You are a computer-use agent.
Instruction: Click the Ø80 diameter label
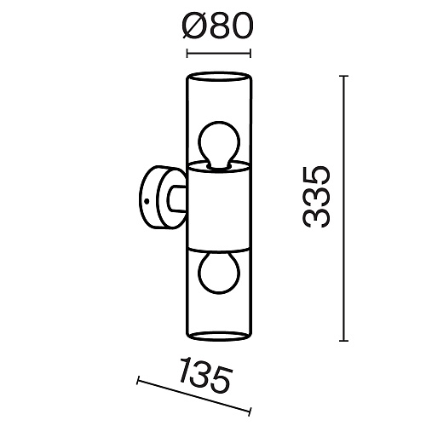click(217, 26)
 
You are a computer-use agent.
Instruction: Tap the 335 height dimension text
click(317, 197)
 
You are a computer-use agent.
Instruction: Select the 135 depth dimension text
click(205, 374)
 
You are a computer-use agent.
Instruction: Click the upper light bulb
click(219, 145)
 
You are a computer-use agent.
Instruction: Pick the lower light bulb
click(219, 273)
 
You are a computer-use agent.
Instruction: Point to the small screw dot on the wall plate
click(147, 201)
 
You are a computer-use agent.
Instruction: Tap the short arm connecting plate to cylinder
click(176, 199)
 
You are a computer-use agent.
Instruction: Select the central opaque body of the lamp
click(219, 207)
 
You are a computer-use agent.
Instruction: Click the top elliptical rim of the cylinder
click(219, 72)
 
